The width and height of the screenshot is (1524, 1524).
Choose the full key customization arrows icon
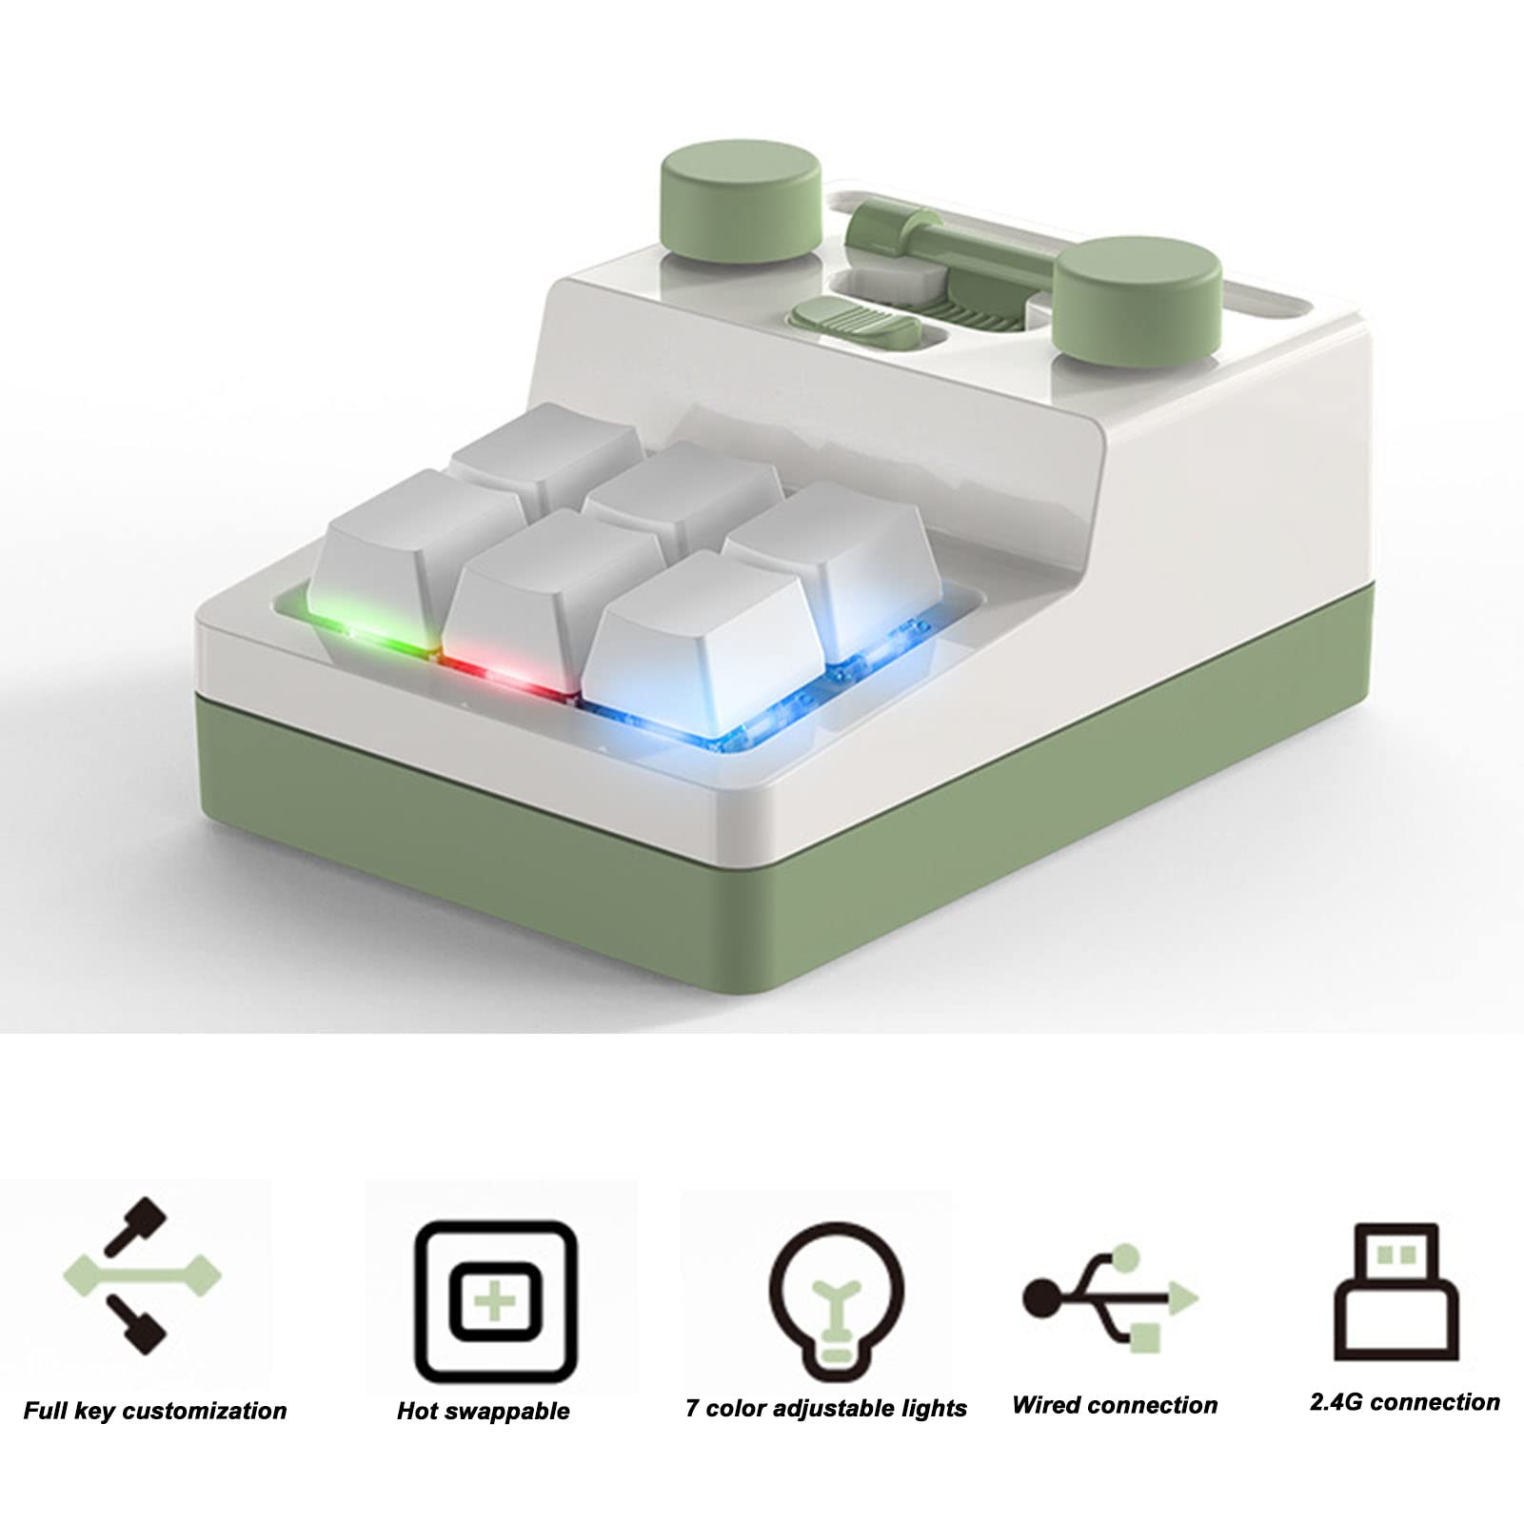[143, 1274]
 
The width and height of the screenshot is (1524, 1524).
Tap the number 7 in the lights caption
[691, 1408]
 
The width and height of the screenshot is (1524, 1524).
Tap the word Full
[45, 1410]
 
